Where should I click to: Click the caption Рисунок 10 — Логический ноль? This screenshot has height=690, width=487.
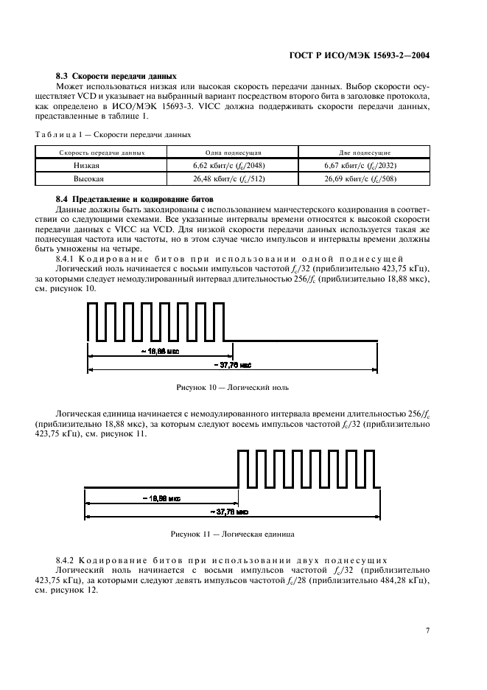pos(232,386)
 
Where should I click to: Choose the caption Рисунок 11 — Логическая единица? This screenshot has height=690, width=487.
pos(233,532)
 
